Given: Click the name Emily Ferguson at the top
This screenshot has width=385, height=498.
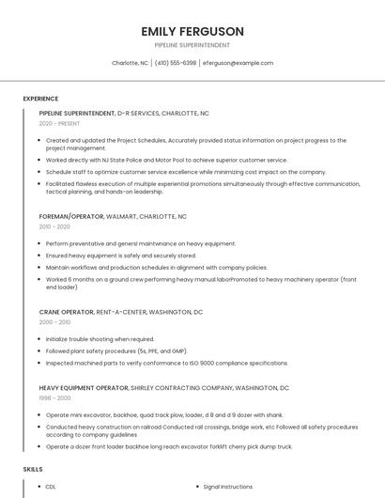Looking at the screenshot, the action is point(192,31).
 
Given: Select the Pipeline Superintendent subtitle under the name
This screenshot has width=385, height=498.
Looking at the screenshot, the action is point(192,44).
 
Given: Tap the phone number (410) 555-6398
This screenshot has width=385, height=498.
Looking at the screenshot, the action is point(176,63).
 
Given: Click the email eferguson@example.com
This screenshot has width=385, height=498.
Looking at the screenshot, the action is point(238,63).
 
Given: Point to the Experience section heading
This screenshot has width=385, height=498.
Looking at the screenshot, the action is point(40,99).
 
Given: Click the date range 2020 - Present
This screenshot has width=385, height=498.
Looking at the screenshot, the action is point(59,123).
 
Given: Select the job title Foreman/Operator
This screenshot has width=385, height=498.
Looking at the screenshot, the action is point(71,216).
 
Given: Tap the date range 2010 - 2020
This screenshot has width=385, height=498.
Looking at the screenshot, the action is point(54,226).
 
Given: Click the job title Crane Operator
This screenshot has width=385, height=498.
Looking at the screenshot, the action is point(67,311).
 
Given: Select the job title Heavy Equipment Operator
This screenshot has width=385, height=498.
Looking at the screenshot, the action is point(84,387).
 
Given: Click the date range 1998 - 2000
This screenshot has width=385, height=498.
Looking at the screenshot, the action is point(54,398).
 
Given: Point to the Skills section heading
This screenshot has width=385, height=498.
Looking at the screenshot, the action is point(33,468).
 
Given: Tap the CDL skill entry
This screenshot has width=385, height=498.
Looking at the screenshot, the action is point(51,487).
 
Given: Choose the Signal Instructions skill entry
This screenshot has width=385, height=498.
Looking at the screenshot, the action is point(228,487).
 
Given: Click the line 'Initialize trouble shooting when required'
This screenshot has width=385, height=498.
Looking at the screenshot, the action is point(100,339).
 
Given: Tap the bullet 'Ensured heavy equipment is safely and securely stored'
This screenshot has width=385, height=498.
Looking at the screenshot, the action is point(120,255).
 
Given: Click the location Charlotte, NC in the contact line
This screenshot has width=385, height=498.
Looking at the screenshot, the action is point(130,63).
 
